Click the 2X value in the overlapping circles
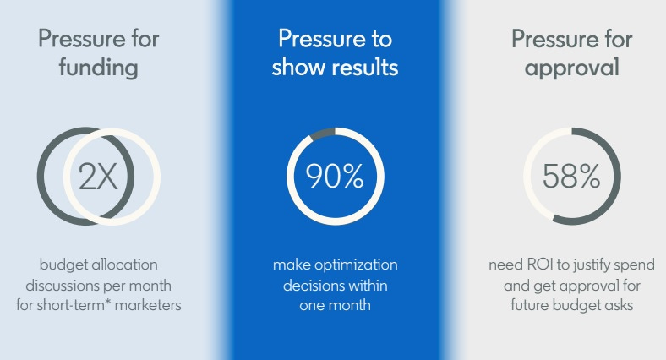(98, 177)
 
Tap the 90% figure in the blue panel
(335, 176)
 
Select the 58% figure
(571, 176)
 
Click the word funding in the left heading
(99, 68)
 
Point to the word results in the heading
(365, 68)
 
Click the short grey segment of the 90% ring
(322, 134)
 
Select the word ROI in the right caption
(540, 265)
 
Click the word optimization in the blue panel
(356, 265)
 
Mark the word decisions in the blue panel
(311, 286)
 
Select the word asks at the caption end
(619, 305)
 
